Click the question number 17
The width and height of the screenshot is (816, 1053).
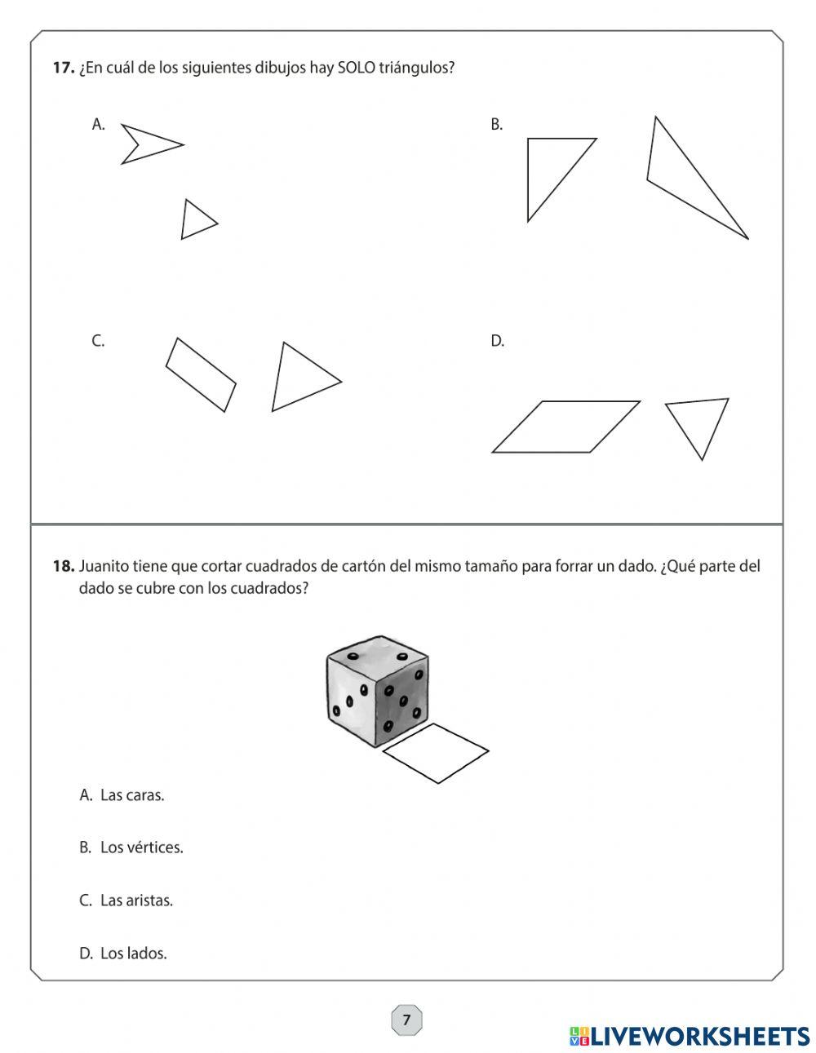click(64, 69)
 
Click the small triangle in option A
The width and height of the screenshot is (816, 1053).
click(195, 220)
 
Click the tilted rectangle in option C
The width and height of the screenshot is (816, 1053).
click(201, 374)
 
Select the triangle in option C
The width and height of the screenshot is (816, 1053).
click(298, 378)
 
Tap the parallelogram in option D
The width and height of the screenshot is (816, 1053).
click(565, 427)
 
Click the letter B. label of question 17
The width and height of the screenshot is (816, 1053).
click(496, 125)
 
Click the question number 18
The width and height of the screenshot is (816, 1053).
click(64, 566)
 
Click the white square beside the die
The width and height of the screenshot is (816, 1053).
click(436, 753)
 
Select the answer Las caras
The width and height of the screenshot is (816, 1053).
click(131, 794)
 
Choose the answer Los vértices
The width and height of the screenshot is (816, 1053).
click(141, 847)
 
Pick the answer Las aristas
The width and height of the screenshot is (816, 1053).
click(136, 900)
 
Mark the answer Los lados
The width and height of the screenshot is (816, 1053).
click(133, 953)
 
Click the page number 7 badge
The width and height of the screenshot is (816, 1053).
click(406, 1020)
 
